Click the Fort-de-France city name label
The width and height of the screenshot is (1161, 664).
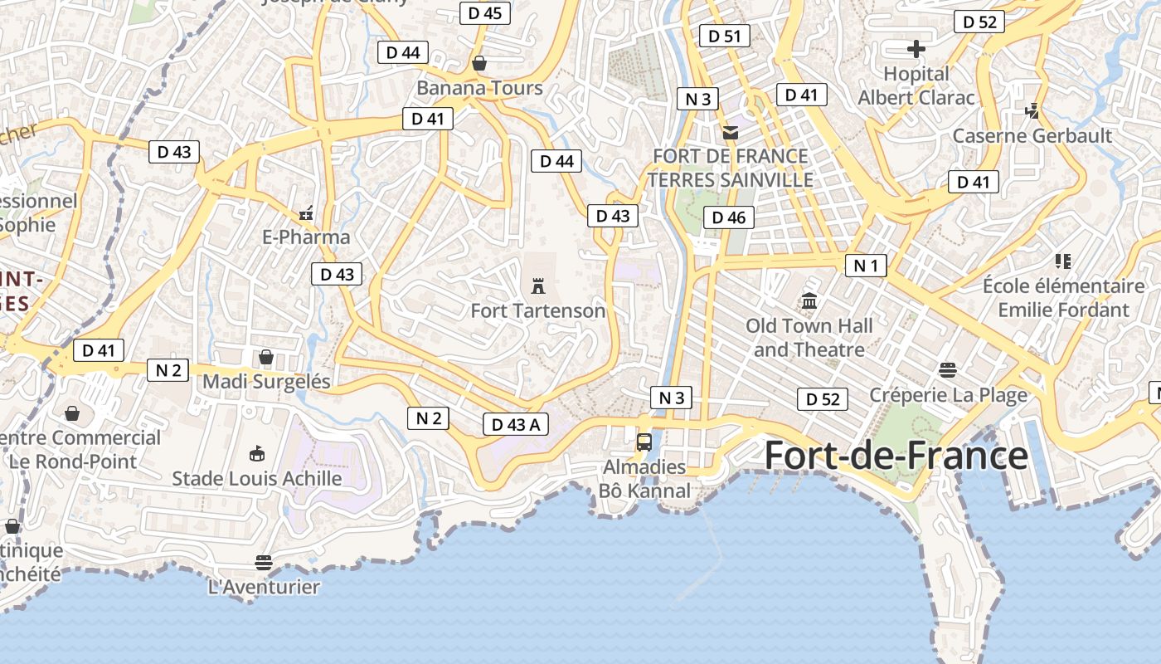[896, 456]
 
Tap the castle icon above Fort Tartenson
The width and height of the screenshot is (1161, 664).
[538, 286]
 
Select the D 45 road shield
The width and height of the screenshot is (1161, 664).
[484, 12]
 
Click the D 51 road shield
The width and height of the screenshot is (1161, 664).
[724, 36]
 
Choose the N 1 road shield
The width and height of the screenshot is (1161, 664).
[866, 266]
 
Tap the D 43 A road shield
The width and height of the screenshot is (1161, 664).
[515, 425]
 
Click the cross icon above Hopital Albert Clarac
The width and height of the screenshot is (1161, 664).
[916, 49]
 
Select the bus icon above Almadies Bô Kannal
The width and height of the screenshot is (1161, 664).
[644, 442]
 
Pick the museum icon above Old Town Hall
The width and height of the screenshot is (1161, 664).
[809, 300]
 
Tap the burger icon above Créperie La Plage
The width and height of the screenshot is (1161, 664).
[948, 370]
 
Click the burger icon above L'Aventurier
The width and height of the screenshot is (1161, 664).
[264, 563]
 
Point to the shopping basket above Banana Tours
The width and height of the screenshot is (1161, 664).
[479, 63]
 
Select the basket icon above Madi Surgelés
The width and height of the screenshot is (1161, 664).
[266, 357]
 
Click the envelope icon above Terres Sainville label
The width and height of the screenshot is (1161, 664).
[730, 132]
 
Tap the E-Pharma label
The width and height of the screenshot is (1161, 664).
[306, 237]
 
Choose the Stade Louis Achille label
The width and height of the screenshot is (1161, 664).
[256, 479]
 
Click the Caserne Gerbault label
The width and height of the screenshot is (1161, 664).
[1032, 135]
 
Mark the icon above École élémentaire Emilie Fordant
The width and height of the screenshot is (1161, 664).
[1063, 261]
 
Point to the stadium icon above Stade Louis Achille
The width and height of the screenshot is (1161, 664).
[257, 453]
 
